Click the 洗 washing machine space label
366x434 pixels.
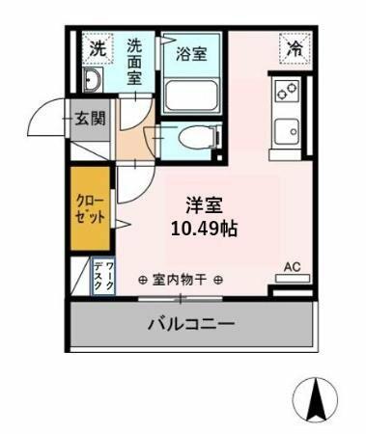point(98,49)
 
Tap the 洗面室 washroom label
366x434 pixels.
point(134,62)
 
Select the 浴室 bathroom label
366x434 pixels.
point(191,54)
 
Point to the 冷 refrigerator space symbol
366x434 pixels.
point(296,49)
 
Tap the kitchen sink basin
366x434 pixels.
point(287,131)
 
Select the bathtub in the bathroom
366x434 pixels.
point(191,95)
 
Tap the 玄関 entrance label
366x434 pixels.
point(91,119)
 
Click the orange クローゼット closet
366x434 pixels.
point(91,208)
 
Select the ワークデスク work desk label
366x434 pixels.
point(104,276)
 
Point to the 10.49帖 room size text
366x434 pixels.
point(205,230)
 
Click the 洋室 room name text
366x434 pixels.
point(204,205)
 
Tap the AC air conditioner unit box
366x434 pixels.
point(293,279)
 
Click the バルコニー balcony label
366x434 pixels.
point(191,324)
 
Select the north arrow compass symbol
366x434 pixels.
point(316,399)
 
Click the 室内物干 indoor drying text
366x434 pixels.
point(180,280)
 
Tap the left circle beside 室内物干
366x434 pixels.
point(143,281)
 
